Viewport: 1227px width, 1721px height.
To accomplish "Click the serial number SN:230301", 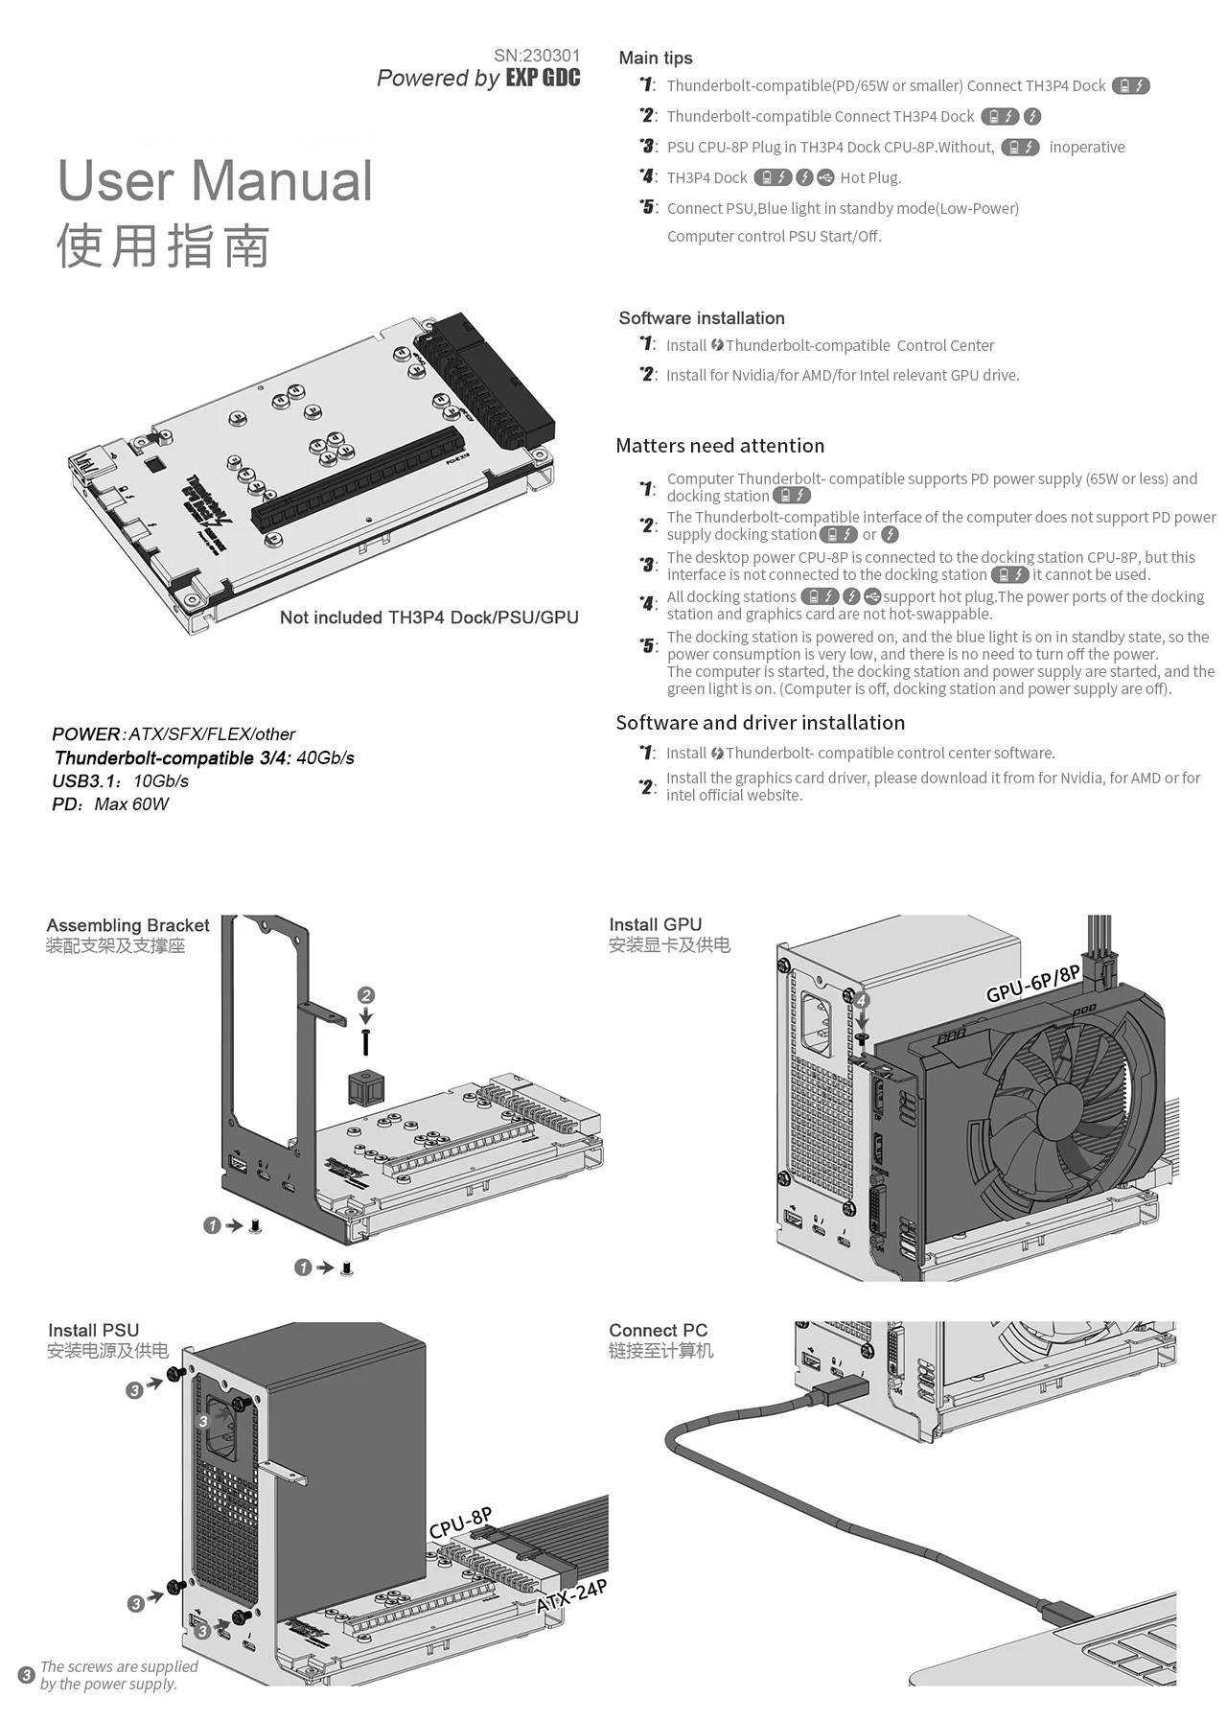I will (x=537, y=56).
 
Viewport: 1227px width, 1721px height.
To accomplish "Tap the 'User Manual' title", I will (x=216, y=180).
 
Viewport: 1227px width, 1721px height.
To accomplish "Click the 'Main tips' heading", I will (x=656, y=58).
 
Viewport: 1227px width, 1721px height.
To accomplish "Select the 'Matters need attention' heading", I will (x=720, y=446).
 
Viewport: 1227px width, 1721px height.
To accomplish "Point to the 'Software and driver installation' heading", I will (x=760, y=723).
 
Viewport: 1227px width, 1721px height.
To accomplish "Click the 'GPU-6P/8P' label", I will (x=1033, y=984).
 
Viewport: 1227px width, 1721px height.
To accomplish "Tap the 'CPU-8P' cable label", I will (x=461, y=1523).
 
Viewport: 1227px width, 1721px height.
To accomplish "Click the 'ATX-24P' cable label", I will (x=571, y=1596).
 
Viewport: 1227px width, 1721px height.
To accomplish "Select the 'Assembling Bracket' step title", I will (x=127, y=925).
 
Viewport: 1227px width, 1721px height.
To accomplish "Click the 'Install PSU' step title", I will (x=93, y=1330).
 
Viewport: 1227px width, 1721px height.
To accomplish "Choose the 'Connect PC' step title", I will (x=658, y=1330).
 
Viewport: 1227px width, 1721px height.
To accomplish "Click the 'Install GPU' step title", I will (x=656, y=924).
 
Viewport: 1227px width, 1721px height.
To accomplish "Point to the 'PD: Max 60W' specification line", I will (x=110, y=804).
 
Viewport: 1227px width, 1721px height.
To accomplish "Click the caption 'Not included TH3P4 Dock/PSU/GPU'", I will (x=428, y=617).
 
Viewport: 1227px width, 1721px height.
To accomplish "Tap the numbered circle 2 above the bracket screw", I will (x=365, y=995).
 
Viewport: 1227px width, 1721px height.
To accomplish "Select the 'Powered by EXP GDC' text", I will (x=478, y=79).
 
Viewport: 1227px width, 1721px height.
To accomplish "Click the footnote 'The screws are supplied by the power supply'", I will (x=118, y=1675).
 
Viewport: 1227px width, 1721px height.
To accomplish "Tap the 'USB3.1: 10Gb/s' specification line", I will (x=120, y=781).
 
